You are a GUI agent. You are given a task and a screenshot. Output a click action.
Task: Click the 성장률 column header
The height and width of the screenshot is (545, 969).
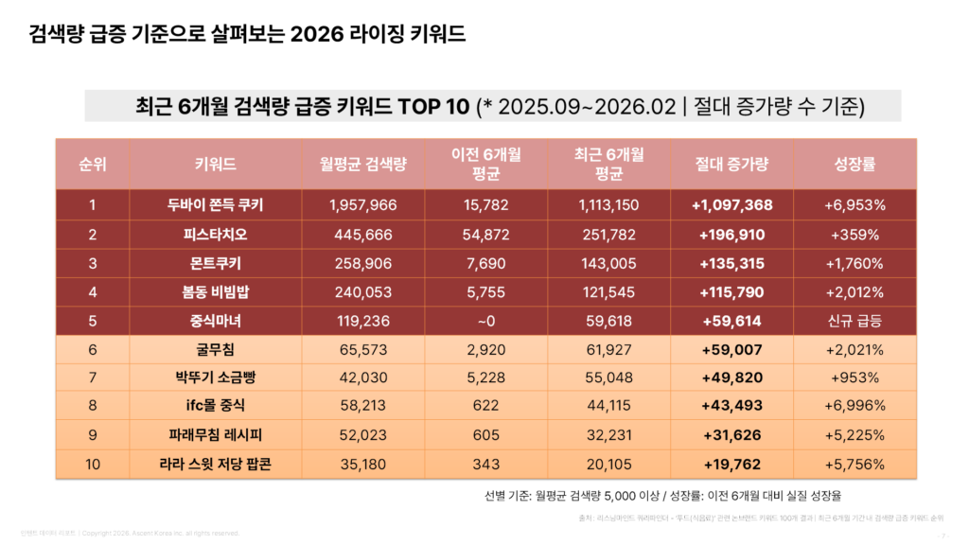tap(854, 164)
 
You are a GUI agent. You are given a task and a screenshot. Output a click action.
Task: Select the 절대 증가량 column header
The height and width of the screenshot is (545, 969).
tap(731, 164)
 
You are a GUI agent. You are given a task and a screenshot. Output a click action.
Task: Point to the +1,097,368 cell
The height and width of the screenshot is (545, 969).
tap(731, 205)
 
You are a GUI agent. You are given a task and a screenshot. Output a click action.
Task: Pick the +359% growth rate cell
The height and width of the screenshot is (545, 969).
tap(854, 235)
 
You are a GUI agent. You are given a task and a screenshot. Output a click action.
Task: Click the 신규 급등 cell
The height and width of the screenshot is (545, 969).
tap(854, 321)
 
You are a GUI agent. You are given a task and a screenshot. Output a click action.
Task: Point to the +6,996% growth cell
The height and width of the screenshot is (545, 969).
tap(854, 406)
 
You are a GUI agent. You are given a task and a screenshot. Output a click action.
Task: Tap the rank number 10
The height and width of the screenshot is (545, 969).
tap(93, 464)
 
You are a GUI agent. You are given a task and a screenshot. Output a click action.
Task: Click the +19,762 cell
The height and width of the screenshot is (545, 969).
tap(731, 464)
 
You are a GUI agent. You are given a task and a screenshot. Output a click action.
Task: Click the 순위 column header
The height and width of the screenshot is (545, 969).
tap(93, 164)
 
